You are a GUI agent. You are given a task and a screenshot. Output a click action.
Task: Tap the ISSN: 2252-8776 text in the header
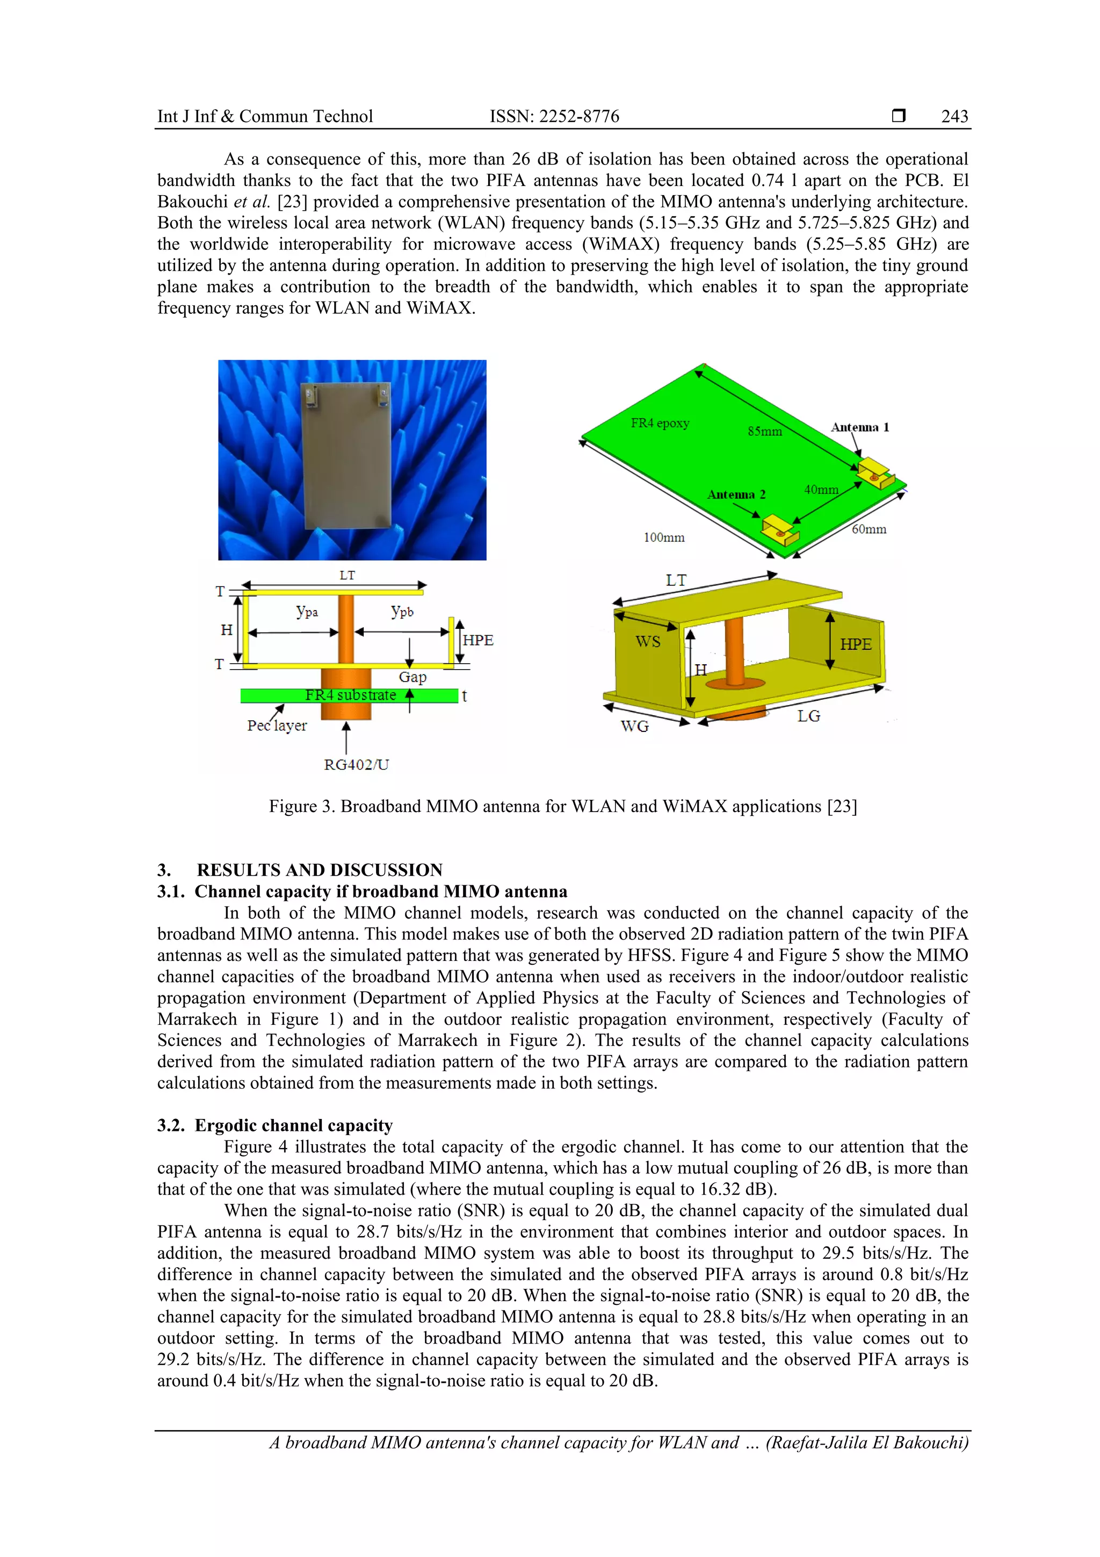(x=554, y=116)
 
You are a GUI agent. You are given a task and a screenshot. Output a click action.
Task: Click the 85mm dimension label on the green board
(x=764, y=431)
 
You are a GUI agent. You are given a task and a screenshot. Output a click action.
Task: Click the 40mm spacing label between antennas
(x=821, y=490)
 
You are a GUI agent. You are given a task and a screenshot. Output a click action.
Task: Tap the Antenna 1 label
(x=859, y=427)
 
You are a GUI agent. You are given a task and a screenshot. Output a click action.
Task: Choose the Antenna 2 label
(x=736, y=494)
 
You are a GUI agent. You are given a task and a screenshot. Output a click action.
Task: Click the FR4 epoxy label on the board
(x=660, y=423)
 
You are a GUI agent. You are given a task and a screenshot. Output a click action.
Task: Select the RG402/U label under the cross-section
(x=357, y=764)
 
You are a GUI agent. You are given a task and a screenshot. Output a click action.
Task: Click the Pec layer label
(x=277, y=726)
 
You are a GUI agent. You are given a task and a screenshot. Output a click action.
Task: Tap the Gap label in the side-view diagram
(x=412, y=677)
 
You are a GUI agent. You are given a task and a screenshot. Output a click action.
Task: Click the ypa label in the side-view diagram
(x=307, y=611)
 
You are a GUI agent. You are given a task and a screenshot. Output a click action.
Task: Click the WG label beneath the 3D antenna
(x=634, y=726)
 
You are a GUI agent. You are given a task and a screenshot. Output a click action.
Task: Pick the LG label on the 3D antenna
(x=808, y=716)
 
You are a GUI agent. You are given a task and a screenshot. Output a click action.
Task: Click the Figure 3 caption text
(x=562, y=806)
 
